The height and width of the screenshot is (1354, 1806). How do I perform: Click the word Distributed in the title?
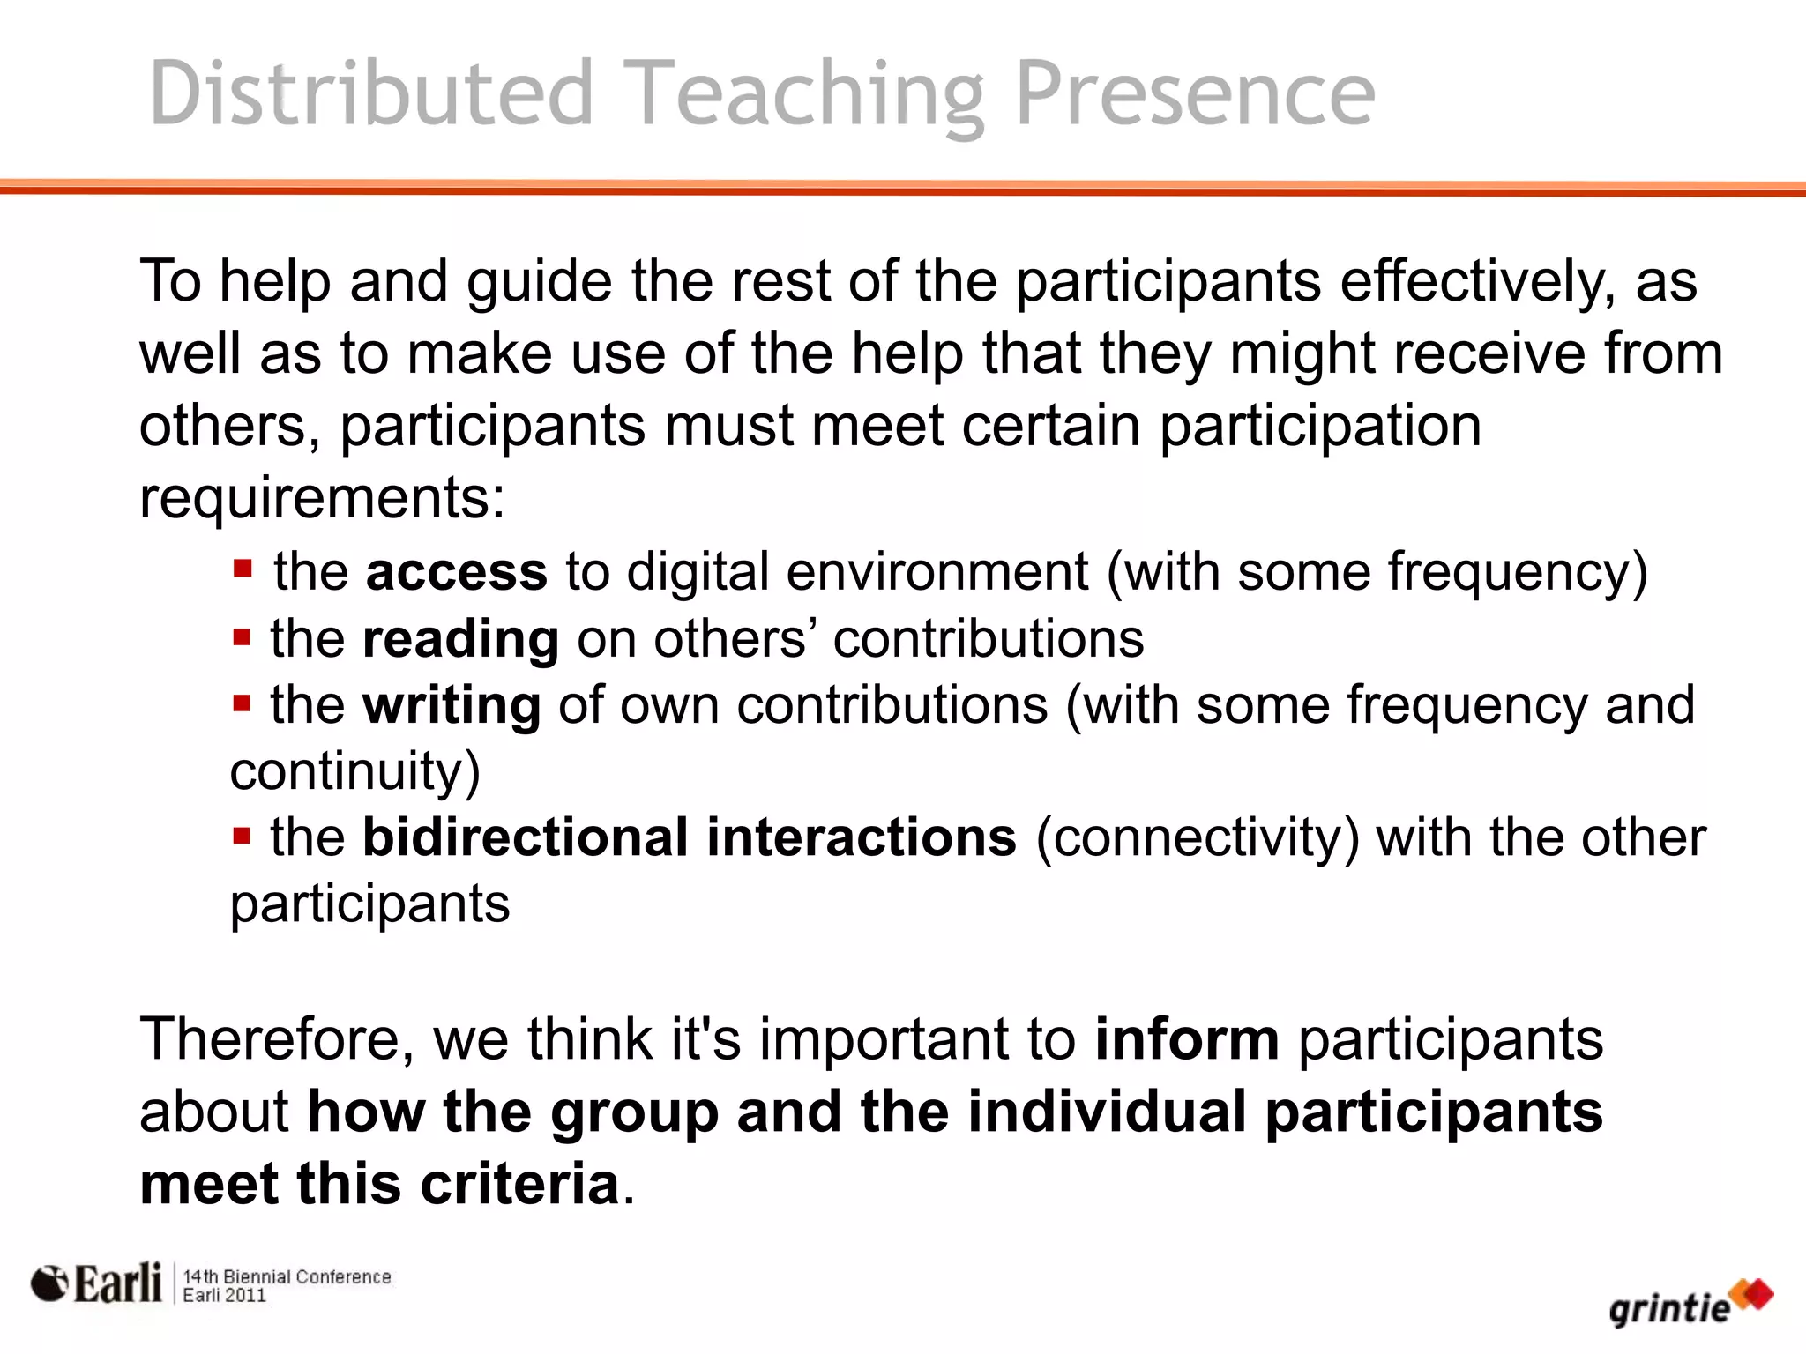[371, 93]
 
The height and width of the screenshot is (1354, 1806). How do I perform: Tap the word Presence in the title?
[1195, 93]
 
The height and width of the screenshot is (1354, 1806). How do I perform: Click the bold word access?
[457, 572]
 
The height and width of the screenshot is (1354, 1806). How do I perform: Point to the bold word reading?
[460, 640]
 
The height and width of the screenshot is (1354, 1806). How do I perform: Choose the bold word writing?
[451, 706]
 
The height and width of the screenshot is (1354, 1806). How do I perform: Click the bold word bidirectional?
[526, 837]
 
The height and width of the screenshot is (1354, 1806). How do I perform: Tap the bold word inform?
[1187, 1039]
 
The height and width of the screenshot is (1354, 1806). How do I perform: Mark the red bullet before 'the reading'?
[242, 636]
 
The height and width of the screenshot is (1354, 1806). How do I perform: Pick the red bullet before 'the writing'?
[242, 703]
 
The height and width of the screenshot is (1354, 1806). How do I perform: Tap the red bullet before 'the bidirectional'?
[242, 834]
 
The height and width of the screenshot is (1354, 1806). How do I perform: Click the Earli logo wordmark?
[116, 1283]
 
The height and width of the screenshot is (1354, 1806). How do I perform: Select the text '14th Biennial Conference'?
[287, 1276]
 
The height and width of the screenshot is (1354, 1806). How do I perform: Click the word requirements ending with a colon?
[322, 499]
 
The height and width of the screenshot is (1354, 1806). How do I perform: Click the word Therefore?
[277, 1039]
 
